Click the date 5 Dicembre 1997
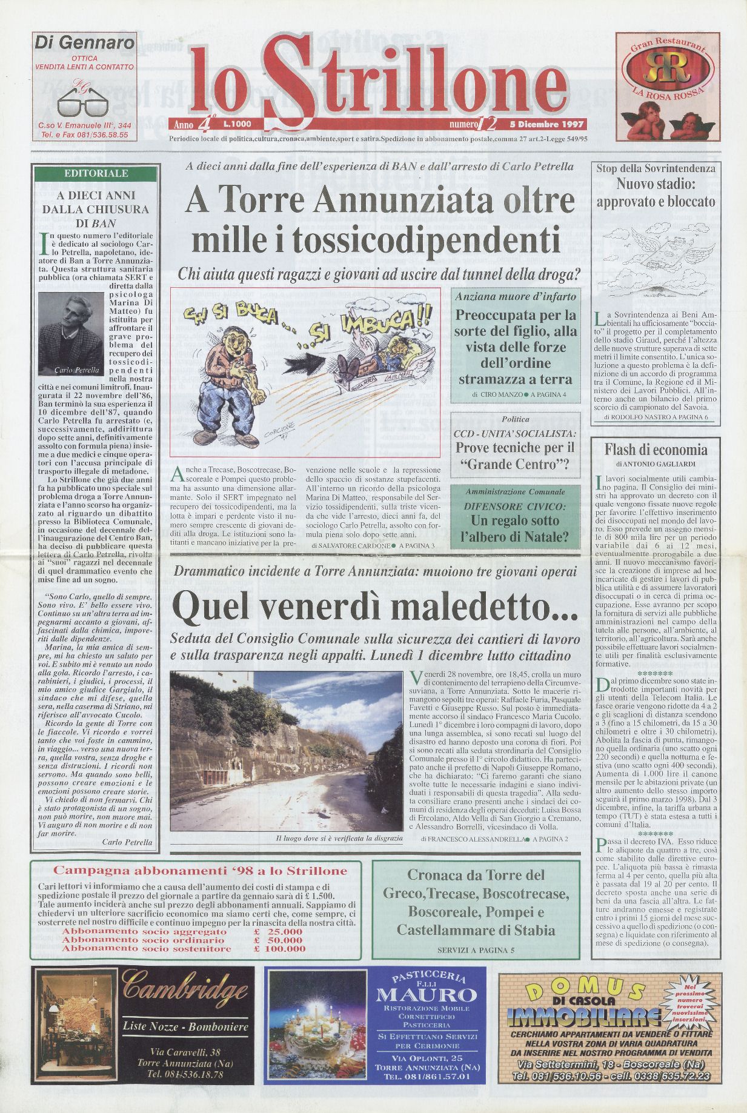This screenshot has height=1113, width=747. click(551, 124)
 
